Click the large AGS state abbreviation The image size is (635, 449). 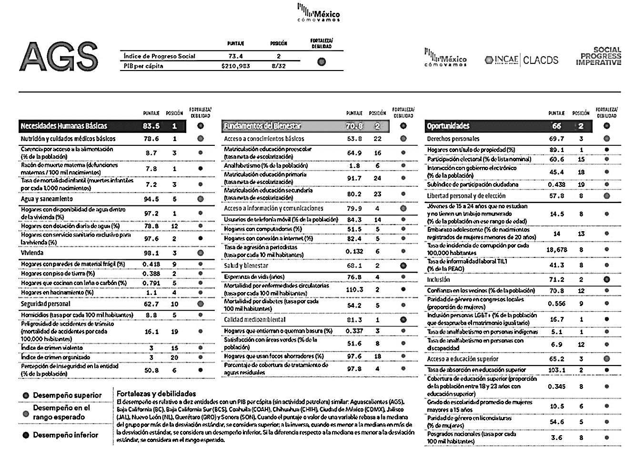(x=59, y=56)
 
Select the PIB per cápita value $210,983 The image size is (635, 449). (x=235, y=66)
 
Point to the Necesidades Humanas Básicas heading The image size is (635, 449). (x=64, y=126)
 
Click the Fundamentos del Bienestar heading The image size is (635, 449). (x=262, y=126)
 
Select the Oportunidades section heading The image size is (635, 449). (x=448, y=126)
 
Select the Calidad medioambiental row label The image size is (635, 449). (x=255, y=320)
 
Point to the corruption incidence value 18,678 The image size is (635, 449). (x=556, y=249)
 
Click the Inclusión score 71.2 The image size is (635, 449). (x=556, y=280)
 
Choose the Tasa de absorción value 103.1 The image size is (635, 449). (x=556, y=370)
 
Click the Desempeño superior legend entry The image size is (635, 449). (x=67, y=396)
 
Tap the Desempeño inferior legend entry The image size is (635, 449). (x=66, y=435)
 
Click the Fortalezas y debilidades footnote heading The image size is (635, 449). (x=156, y=394)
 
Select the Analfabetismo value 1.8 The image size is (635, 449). (x=354, y=166)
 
